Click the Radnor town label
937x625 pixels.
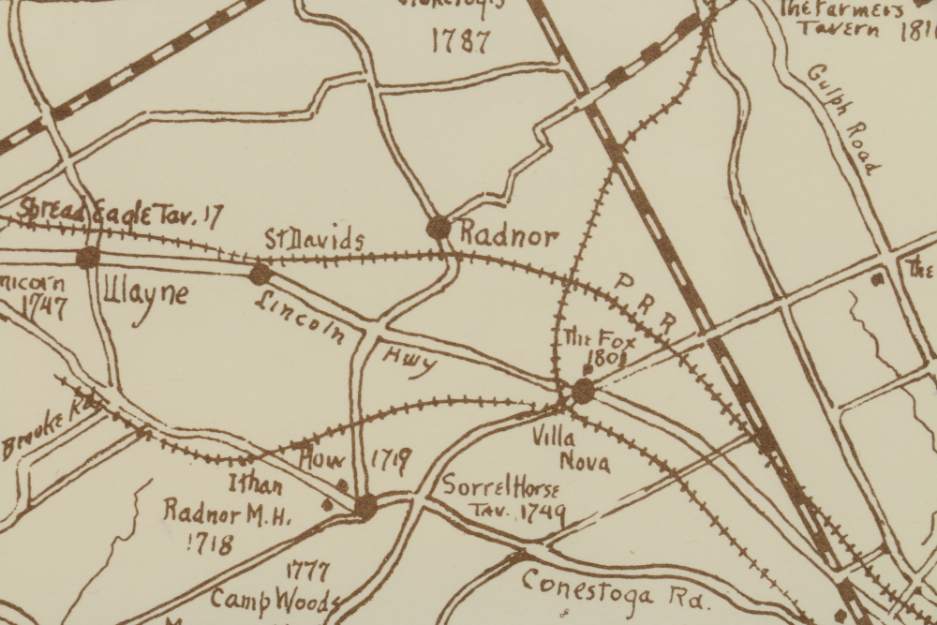pyautogui.click(x=509, y=236)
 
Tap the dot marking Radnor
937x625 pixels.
pyautogui.click(x=439, y=227)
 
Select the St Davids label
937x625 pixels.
pyautogui.click(x=313, y=240)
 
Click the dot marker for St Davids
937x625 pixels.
pyautogui.click(x=260, y=274)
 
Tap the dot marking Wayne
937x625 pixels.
pyautogui.click(x=88, y=257)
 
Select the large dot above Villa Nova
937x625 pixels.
pyautogui.click(x=583, y=391)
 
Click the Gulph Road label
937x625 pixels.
pyautogui.click(x=844, y=119)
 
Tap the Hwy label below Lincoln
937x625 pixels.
pyautogui.click(x=409, y=359)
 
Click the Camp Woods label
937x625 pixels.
pyautogui.click(x=274, y=600)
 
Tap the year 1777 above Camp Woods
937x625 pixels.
pyautogui.click(x=308, y=571)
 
